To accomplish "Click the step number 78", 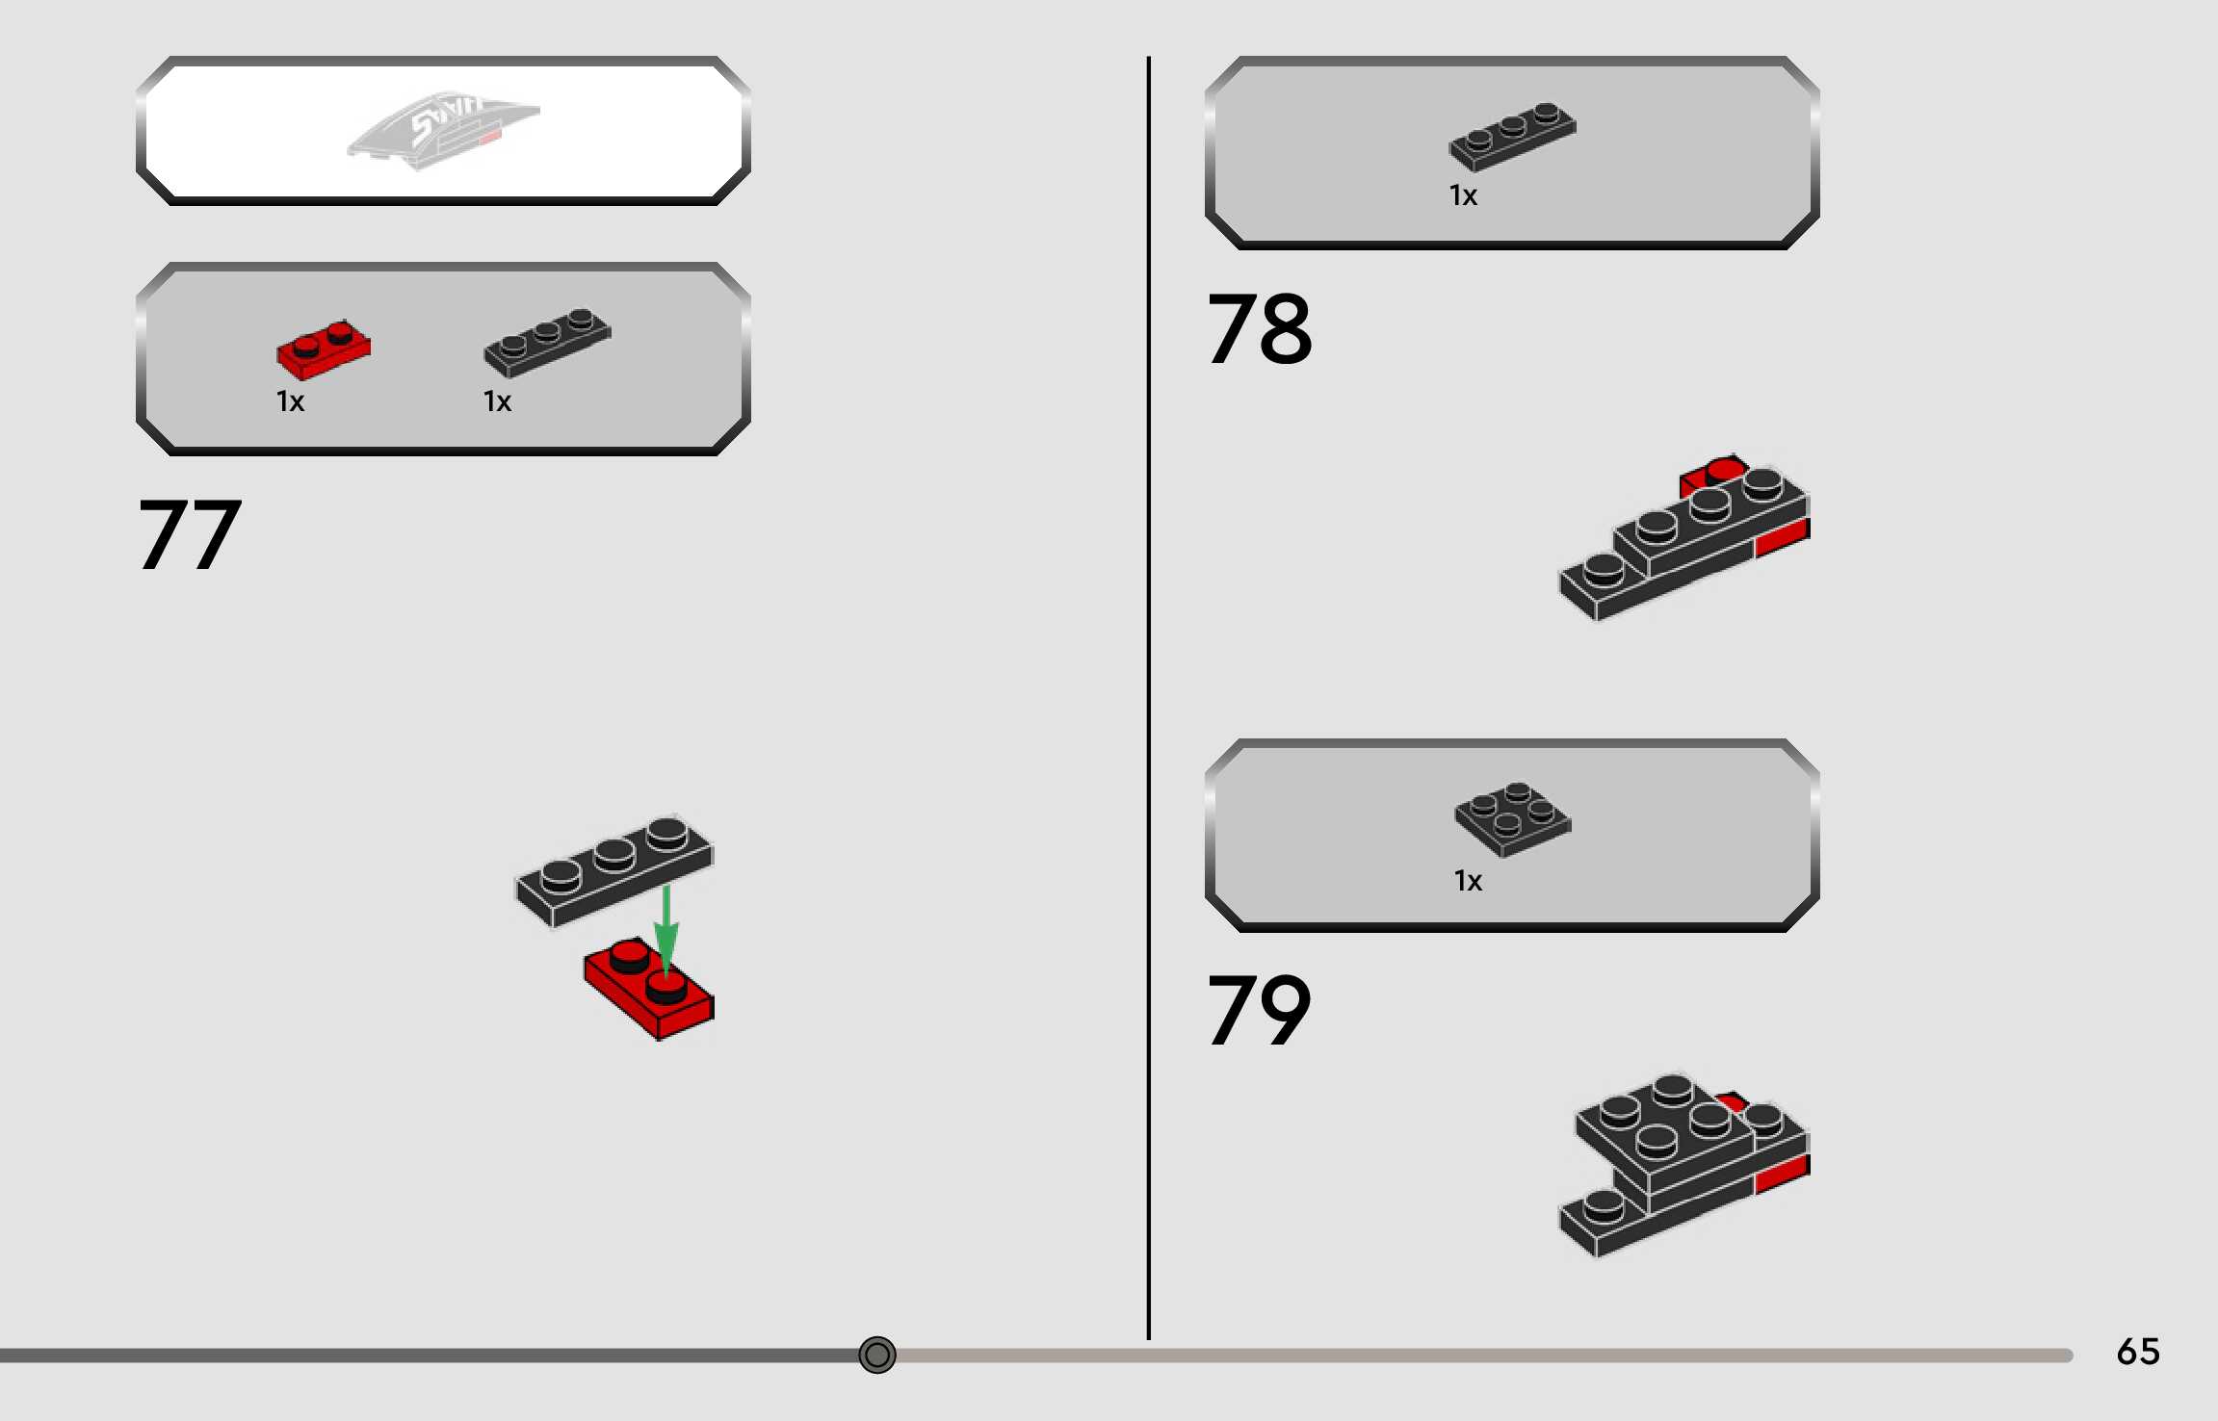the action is pyautogui.click(x=1259, y=329).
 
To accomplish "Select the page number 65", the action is pyautogui.click(x=2138, y=1352).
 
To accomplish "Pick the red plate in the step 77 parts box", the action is pyautogui.click(x=323, y=349).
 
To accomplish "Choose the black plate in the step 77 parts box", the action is pyautogui.click(x=546, y=341).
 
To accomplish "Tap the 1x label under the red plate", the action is pyautogui.click(x=290, y=401).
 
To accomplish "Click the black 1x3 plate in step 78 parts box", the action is pyautogui.click(x=1512, y=136).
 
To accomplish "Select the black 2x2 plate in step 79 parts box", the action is pyautogui.click(x=1512, y=817).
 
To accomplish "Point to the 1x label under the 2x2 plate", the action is pyautogui.click(x=1468, y=881).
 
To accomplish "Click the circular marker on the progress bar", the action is pyautogui.click(x=876, y=1355).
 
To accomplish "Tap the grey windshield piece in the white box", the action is pyautogui.click(x=443, y=129).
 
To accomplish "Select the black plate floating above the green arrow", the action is pyautogui.click(x=613, y=868).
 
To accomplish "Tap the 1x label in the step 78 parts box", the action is pyautogui.click(x=1463, y=195).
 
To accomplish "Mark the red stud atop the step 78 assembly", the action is pyautogui.click(x=1724, y=471).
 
